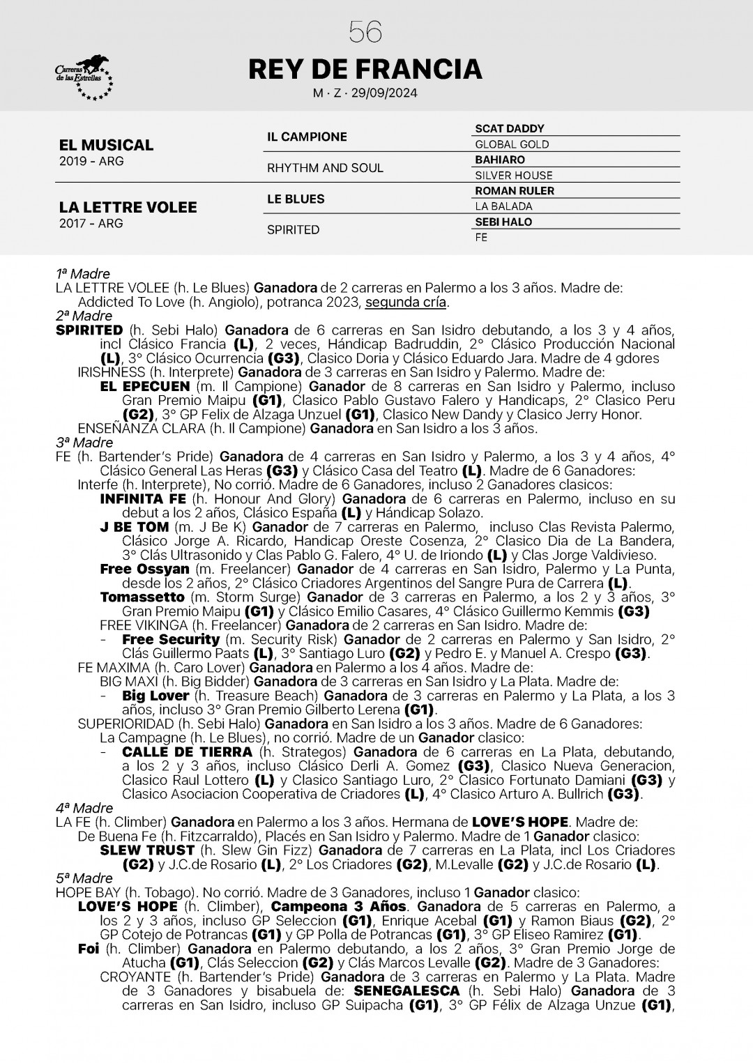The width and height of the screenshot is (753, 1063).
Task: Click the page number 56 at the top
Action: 365,31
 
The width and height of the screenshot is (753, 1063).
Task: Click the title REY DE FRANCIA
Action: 365,69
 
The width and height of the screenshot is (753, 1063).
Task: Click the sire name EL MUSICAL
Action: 106,145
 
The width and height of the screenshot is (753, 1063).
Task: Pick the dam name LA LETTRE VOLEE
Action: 128,207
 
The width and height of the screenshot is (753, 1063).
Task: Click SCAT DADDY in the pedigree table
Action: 509,129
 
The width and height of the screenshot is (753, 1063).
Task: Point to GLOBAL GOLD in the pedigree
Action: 512,144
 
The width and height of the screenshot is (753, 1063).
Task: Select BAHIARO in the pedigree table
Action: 500,160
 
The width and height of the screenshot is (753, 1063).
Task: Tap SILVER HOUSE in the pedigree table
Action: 513,176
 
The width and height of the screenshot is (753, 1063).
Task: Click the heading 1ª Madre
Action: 82,274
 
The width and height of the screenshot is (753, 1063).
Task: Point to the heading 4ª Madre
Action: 84,808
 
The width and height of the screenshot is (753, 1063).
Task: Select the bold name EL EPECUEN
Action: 145,386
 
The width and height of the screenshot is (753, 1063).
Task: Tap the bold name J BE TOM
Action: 135,527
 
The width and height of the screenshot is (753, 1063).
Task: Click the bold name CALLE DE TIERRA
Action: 187,752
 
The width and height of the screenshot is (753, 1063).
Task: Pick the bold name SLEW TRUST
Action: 147,850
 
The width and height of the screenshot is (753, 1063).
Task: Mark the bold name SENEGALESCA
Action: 406,991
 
